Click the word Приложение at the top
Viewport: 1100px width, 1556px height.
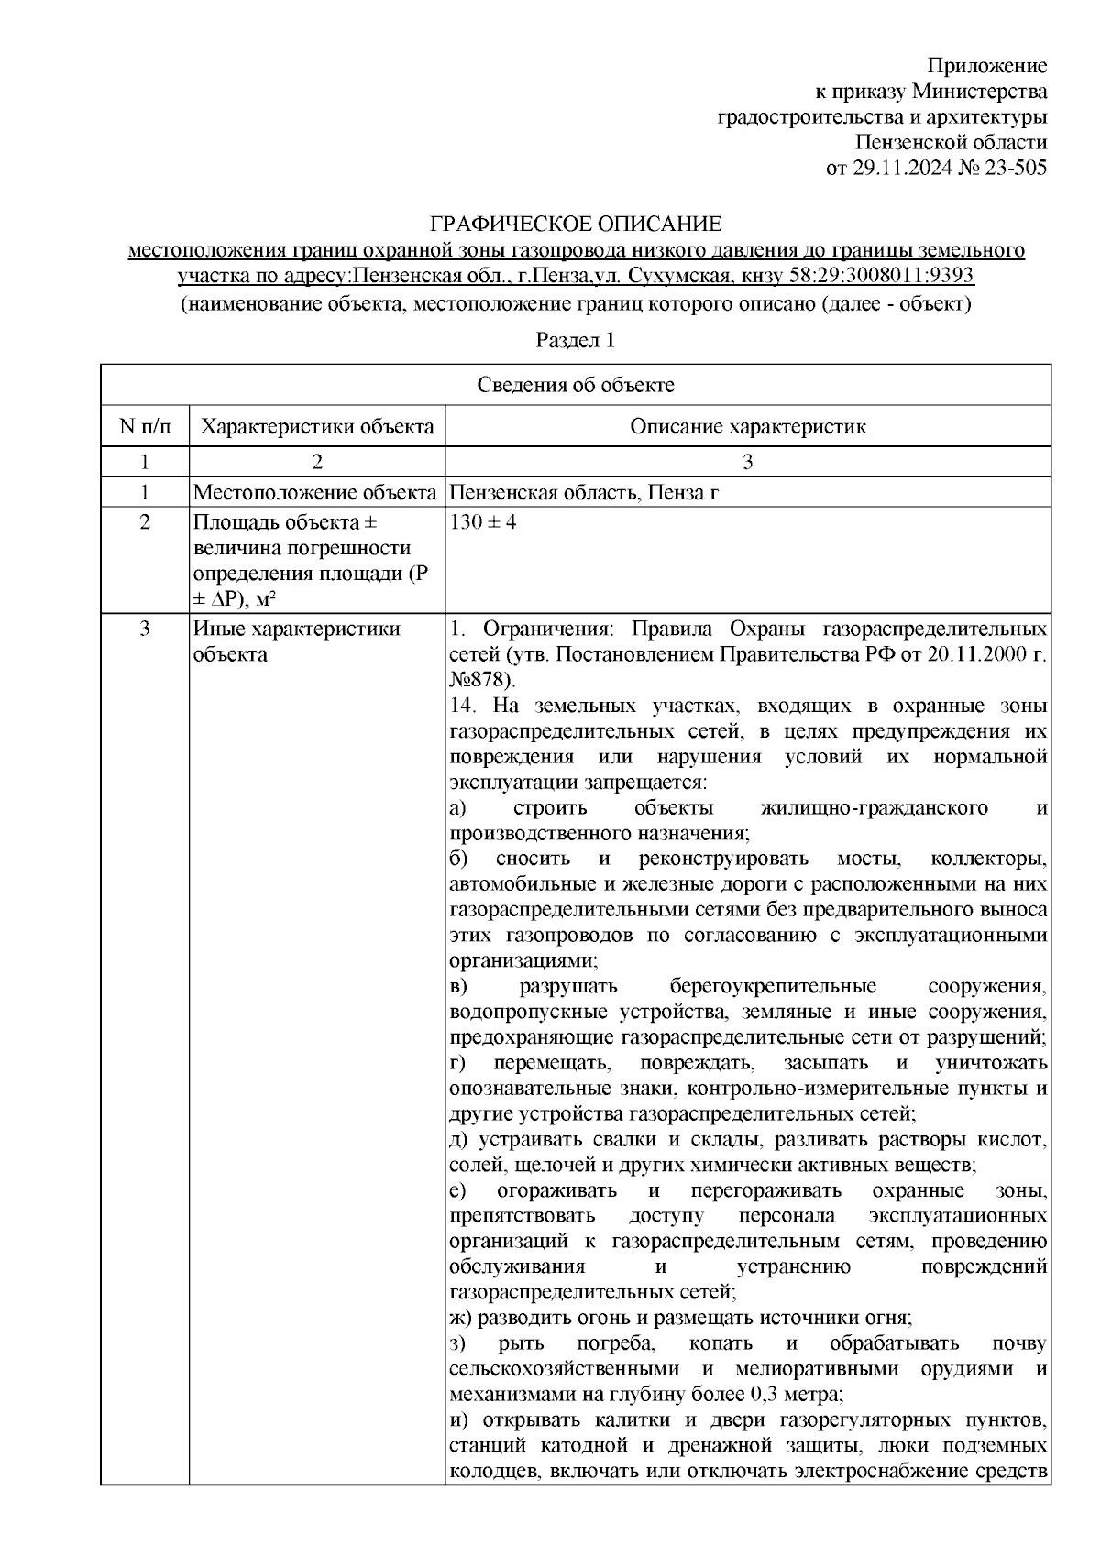pos(987,66)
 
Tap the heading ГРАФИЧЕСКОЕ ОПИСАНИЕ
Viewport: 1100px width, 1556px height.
pos(577,225)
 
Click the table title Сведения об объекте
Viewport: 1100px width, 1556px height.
pos(576,385)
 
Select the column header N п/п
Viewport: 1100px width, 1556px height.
pos(145,427)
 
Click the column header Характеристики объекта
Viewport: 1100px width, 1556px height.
pos(317,427)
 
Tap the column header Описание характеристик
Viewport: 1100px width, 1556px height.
pos(748,427)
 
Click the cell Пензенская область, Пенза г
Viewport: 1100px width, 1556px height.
pos(584,494)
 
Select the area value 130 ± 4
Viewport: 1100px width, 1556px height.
pos(483,523)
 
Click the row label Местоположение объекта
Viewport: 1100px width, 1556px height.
pos(314,494)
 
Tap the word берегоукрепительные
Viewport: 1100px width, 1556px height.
pos(773,987)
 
